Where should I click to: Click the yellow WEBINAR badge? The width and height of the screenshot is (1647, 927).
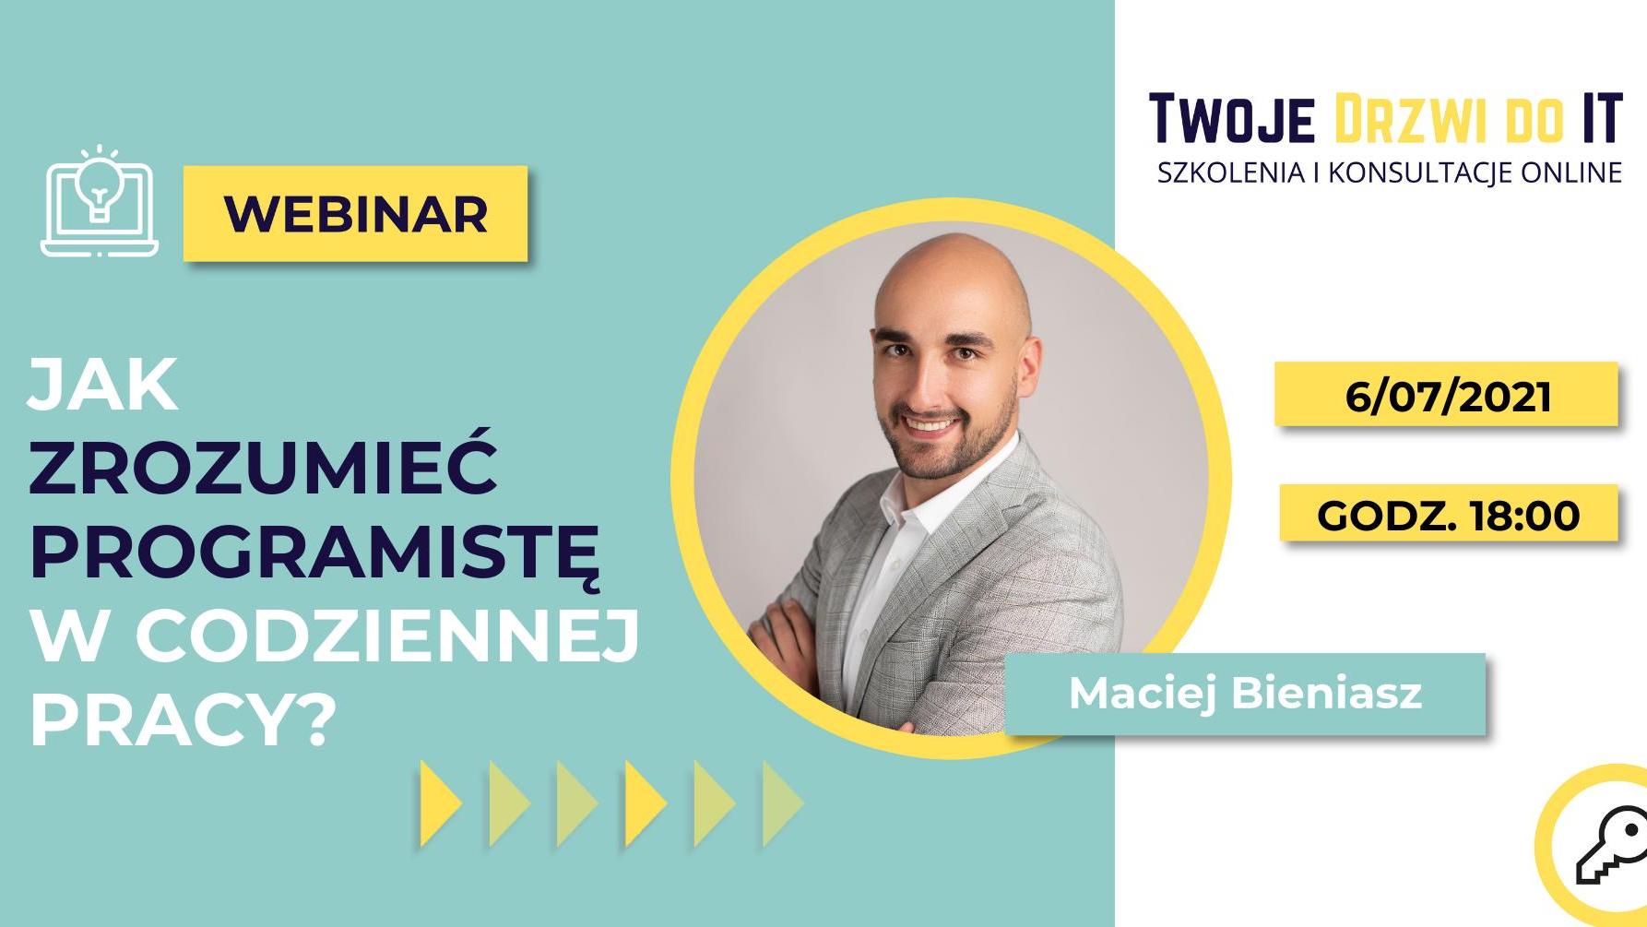click(x=355, y=214)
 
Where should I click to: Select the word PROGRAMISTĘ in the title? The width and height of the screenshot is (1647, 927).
click(x=315, y=553)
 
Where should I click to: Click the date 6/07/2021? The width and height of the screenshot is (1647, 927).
click(x=1447, y=395)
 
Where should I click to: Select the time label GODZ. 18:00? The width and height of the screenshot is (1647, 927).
click(x=1449, y=515)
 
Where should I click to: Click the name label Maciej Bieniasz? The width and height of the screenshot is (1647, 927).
click(x=1245, y=694)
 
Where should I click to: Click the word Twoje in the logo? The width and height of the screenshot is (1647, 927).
click(x=1232, y=119)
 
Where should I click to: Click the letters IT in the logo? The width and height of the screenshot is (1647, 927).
click(x=1603, y=118)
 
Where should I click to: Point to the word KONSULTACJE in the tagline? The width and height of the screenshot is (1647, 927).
click(x=1420, y=172)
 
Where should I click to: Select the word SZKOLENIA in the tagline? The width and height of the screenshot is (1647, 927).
click(x=1230, y=172)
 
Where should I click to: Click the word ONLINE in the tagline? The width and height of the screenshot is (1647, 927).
click(x=1572, y=172)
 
